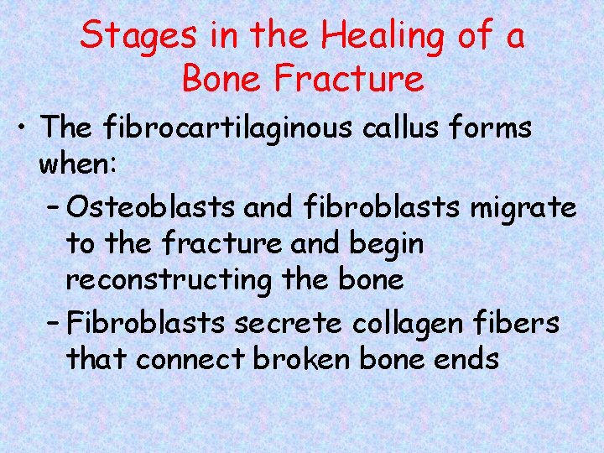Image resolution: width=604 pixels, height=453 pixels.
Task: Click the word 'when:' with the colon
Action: point(81,165)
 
